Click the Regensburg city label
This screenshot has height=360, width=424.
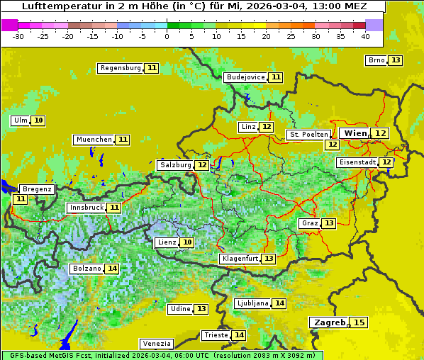121,68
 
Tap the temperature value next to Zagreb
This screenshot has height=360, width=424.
359,322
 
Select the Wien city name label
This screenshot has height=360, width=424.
355,133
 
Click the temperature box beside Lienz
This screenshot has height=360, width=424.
187,242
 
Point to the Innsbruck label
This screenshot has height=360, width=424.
86,208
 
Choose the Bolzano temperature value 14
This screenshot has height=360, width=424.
112,269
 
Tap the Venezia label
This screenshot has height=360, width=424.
156,344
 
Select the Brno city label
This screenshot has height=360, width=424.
376,60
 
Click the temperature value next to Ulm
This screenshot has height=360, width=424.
38,120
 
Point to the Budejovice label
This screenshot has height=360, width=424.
245,77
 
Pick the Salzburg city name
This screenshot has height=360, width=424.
175,165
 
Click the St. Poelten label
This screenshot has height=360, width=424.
308,135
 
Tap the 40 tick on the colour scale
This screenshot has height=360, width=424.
365,36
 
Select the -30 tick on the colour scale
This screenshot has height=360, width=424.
18,36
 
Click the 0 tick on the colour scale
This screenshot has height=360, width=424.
167,36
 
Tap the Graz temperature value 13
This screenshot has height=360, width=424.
329,223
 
